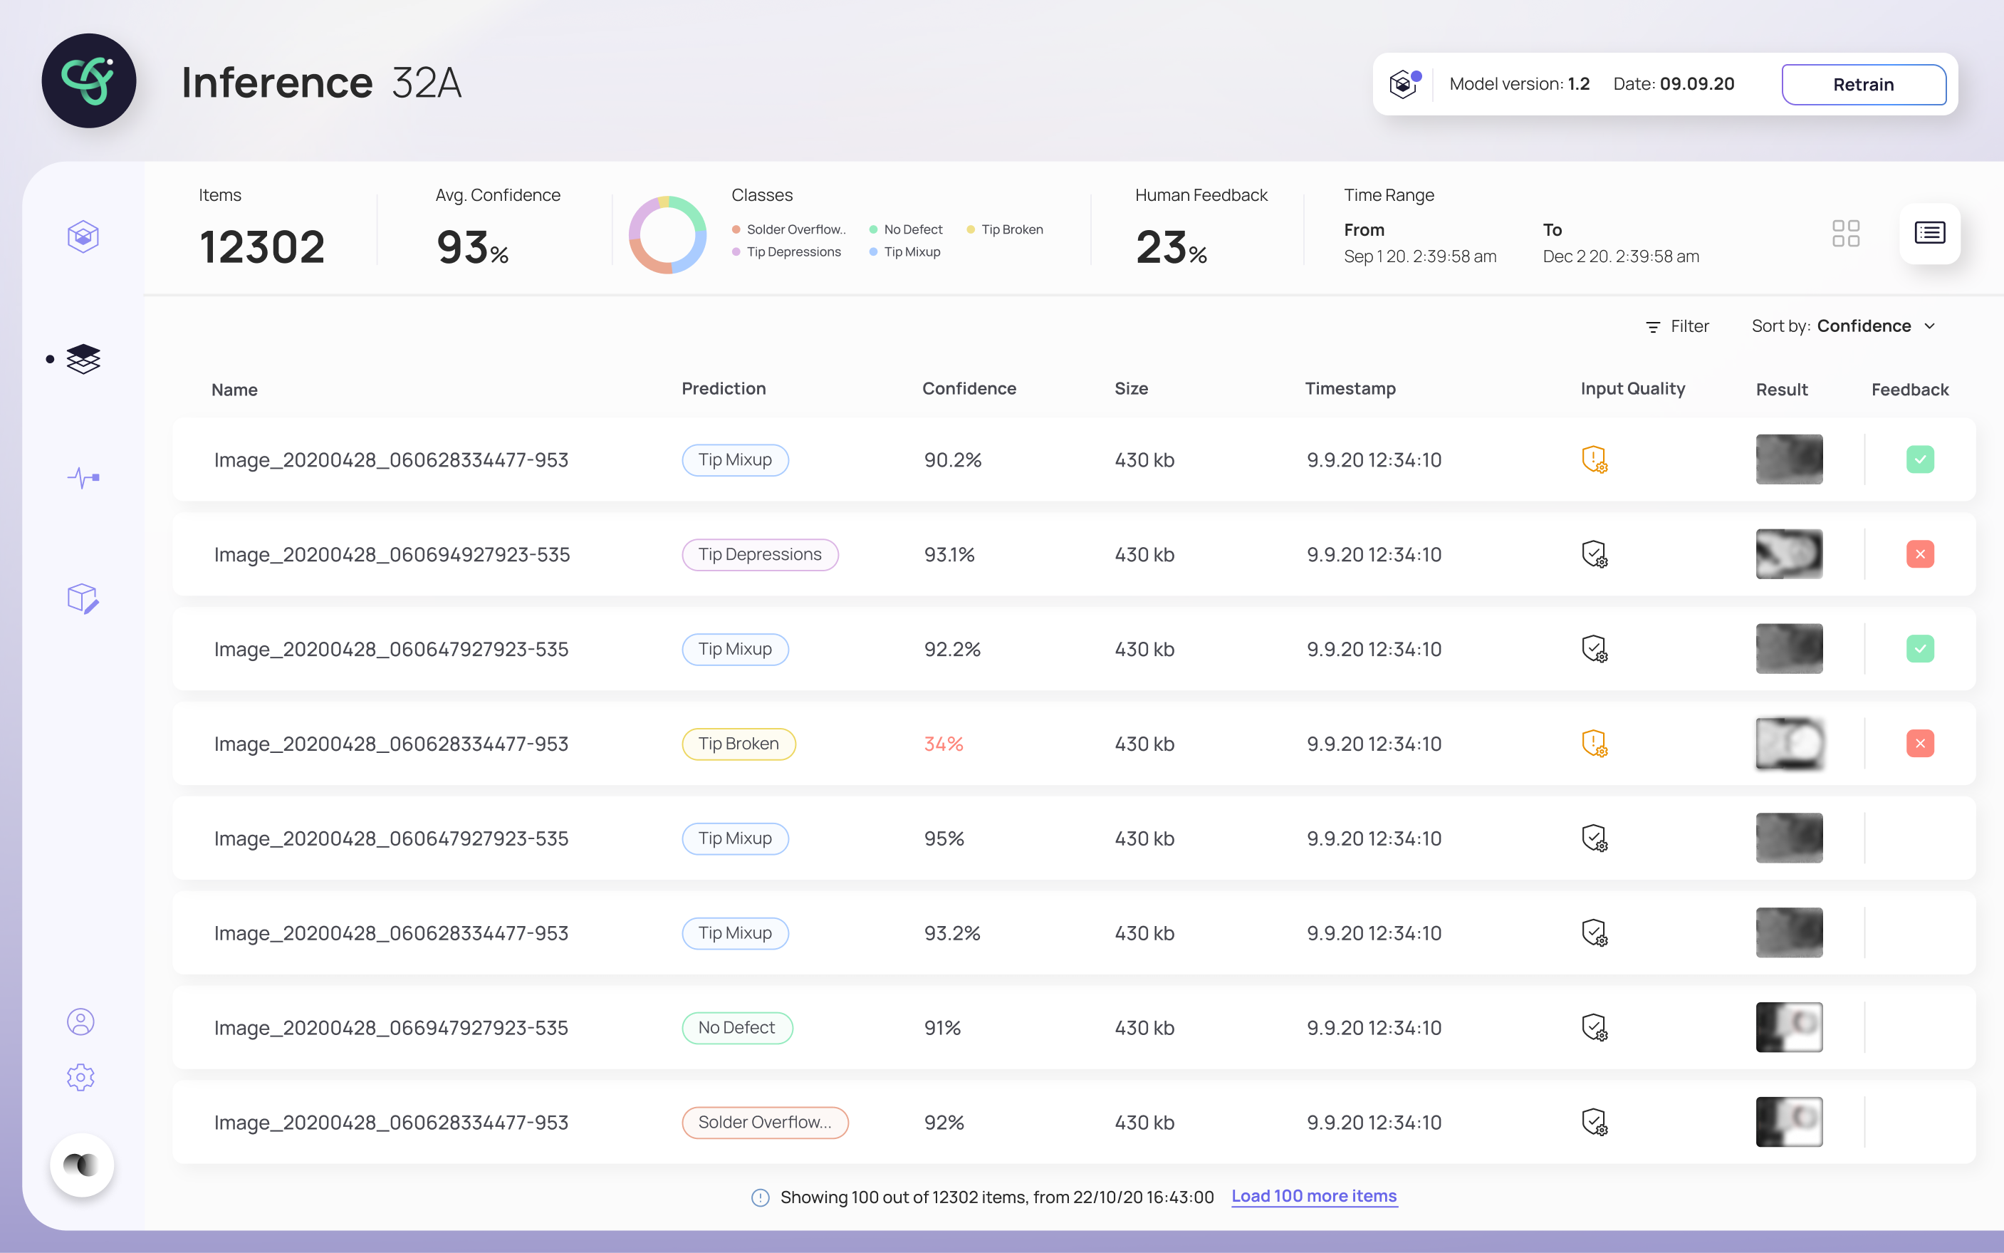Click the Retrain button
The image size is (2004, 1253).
coord(1863,85)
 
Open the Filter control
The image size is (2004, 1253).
coord(1677,326)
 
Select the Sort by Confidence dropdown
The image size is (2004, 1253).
coord(1843,326)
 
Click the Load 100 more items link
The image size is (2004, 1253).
coord(1314,1196)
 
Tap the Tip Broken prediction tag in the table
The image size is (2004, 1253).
coord(738,744)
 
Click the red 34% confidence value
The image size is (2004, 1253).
coord(944,744)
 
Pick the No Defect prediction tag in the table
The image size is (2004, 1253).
coord(737,1028)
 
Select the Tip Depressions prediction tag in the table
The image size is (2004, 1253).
coord(760,554)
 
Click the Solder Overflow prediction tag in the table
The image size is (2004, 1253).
coord(765,1122)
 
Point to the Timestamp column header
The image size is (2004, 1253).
coord(1350,389)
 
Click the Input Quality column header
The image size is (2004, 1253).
coord(1632,389)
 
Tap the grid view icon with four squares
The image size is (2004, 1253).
coord(1846,234)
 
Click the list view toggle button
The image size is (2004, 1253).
coord(1929,233)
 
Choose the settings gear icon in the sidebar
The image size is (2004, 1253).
coord(80,1076)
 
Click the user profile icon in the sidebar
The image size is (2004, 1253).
coord(80,1021)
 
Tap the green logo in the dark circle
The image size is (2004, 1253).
coord(88,80)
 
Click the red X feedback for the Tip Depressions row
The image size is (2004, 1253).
coord(1919,553)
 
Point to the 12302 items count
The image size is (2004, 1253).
coord(262,247)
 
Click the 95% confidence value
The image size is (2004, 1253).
coord(944,838)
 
